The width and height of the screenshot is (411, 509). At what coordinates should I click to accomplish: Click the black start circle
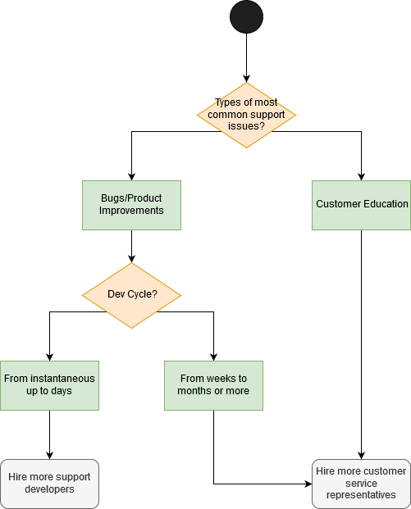[246, 17]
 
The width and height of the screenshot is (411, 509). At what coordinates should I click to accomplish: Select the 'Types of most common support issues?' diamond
[246, 116]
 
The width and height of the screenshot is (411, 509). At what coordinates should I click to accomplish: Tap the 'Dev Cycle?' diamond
[131, 295]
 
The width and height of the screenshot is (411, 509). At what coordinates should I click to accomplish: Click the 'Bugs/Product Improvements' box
[131, 205]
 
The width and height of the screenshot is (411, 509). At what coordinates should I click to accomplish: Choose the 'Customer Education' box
[361, 205]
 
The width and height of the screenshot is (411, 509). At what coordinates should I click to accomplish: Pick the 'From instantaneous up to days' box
[49, 385]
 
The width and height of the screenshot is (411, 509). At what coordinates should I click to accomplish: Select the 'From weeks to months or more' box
[213, 385]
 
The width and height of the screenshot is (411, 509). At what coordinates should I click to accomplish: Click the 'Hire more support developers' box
[49, 484]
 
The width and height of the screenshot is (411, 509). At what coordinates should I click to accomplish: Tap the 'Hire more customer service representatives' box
[361, 484]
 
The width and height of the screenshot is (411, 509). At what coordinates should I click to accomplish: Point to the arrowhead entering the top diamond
[246, 79]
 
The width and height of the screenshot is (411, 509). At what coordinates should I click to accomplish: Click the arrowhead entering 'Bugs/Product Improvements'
[131, 177]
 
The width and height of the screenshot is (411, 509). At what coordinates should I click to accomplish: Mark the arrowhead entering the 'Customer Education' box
[361, 177]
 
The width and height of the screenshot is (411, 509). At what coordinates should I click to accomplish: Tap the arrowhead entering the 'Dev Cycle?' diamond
[131, 259]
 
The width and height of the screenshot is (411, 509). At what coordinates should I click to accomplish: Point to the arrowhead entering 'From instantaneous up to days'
[49, 357]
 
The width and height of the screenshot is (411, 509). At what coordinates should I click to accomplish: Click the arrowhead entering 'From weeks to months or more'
[213, 357]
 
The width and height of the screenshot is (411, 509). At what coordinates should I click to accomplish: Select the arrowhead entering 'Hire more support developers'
[49, 456]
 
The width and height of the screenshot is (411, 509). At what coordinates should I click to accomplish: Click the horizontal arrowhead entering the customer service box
[308, 484]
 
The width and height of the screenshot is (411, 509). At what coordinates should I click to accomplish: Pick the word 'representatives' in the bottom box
[361, 495]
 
